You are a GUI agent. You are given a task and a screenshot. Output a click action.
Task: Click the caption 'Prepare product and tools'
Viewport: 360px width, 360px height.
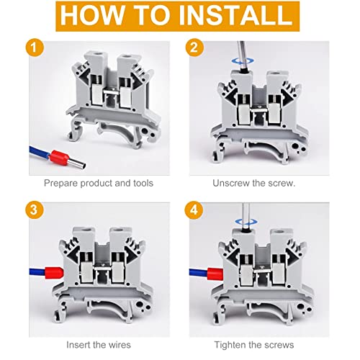(x=98, y=183)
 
